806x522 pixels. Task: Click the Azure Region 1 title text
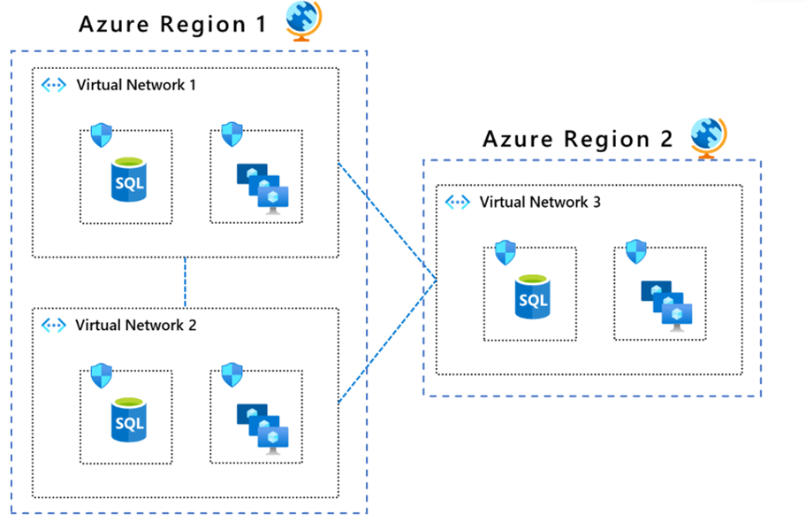click(x=171, y=24)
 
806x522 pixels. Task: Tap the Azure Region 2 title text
click(x=578, y=139)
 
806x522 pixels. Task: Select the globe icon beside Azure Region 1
click(x=303, y=21)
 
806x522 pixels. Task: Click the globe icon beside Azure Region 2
click(x=708, y=137)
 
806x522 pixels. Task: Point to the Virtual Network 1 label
click(x=136, y=86)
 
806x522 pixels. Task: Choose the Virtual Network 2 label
click(x=136, y=325)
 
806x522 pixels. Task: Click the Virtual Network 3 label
click(x=540, y=202)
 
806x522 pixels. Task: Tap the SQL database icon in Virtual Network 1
click(x=129, y=180)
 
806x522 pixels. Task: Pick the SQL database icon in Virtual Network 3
click(x=533, y=296)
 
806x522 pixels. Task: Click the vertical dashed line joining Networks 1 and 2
click(x=185, y=282)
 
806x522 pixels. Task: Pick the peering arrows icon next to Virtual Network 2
click(x=55, y=325)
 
